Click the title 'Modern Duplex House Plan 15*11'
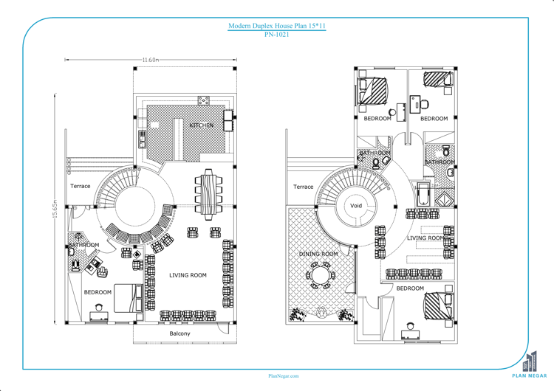click(x=276, y=26)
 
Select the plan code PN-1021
click(x=276, y=34)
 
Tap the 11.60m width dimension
click(x=150, y=60)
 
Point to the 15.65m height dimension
click(x=55, y=209)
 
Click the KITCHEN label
click(x=201, y=125)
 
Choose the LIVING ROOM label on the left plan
click(x=188, y=275)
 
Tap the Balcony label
click(x=179, y=333)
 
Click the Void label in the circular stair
click(x=356, y=206)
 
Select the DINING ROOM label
click(x=318, y=254)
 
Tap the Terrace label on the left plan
click(x=81, y=186)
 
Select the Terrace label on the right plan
click(x=303, y=187)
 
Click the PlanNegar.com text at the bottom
click(x=283, y=376)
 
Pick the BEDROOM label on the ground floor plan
click(x=98, y=292)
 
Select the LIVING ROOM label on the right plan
click(x=425, y=238)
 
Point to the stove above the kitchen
click(x=203, y=100)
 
